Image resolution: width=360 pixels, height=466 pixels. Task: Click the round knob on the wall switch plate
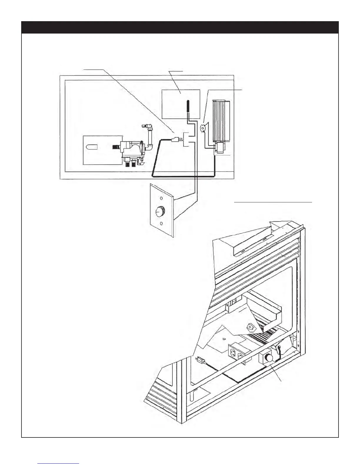[x=160, y=211]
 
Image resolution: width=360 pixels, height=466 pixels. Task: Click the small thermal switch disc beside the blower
[x=203, y=128]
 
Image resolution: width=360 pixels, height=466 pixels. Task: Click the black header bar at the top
[x=180, y=27]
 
